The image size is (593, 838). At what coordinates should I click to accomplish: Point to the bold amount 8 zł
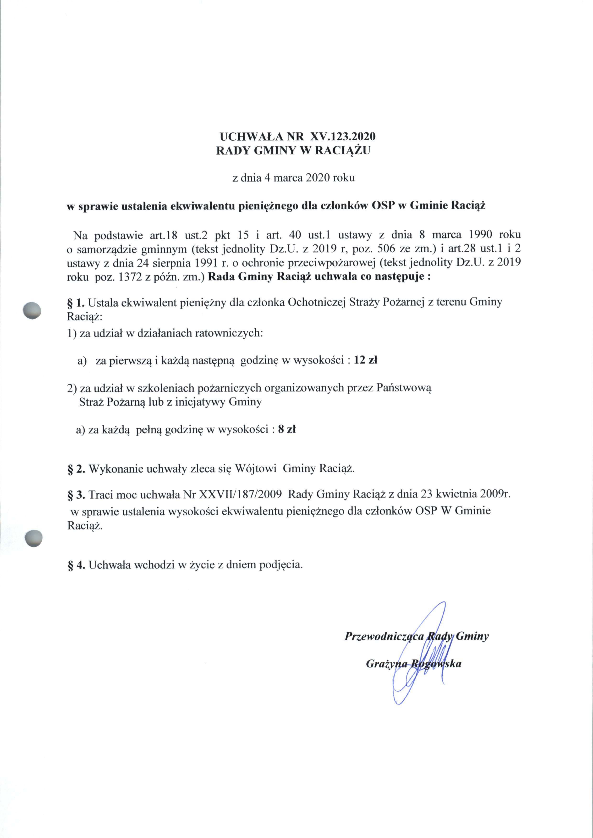coord(287,430)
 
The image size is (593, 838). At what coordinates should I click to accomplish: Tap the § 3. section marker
coord(76,495)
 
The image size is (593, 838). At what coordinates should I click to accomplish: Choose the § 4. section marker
coord(76,564)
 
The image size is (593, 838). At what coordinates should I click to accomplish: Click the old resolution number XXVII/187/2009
coord(240,495)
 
